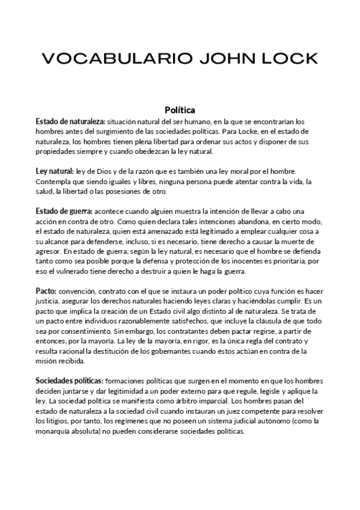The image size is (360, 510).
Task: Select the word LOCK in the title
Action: tap(285, 58)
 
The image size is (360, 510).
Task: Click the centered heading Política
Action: tap(179, 110)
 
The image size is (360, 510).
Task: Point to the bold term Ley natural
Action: tap(55, 171)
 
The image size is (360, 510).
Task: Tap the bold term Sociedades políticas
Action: tap(69, 381)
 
